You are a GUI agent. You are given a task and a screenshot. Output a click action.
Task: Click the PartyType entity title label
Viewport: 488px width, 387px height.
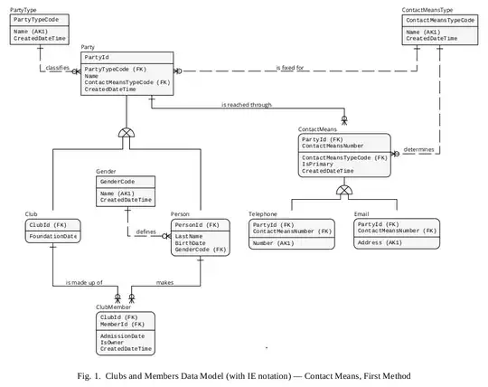click(23, 10)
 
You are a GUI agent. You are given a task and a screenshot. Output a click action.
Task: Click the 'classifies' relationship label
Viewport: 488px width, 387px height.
click(55, 68)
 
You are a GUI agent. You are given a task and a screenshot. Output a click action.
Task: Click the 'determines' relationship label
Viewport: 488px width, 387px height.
click(418, 149)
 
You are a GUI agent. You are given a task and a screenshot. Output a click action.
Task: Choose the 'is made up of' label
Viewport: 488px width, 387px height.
click(85, 283)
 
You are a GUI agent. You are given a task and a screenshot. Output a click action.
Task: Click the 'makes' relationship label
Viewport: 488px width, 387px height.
click(166, 283)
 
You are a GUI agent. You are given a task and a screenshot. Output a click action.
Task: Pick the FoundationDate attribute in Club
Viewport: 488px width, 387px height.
click(53, 236)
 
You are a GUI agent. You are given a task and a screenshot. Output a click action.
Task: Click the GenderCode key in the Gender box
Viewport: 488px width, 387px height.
click(121, 181)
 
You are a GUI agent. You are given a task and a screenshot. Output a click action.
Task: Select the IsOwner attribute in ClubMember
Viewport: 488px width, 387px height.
click(114, 342)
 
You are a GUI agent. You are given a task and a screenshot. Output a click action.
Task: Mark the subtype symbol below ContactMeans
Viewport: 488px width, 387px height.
click(344, 190)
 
